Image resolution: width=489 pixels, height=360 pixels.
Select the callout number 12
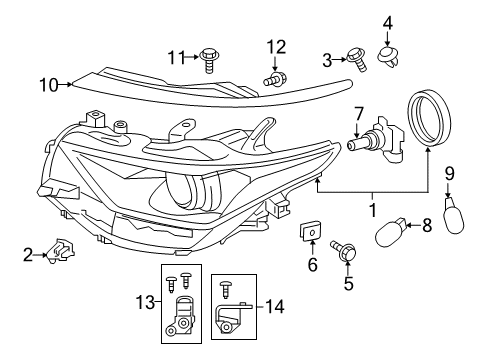(x=276, y=45)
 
